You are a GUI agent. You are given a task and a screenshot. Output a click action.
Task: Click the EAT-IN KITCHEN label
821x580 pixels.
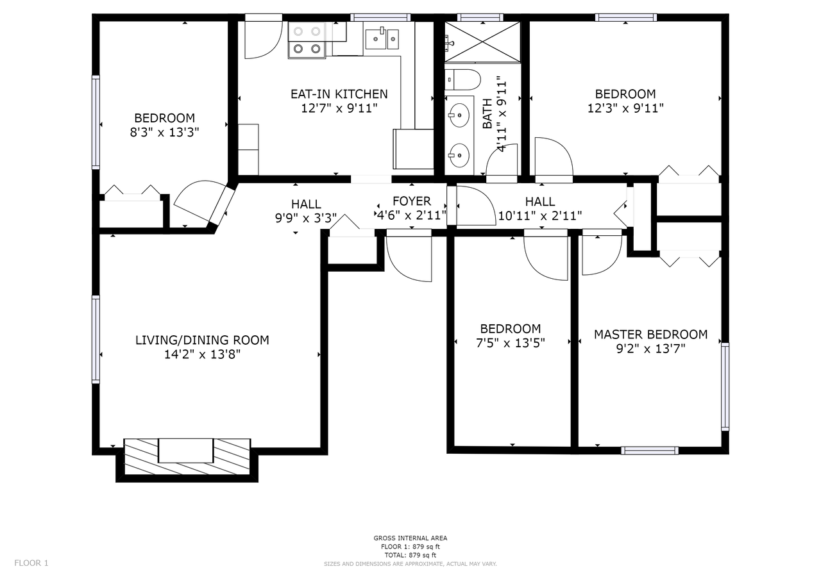click(x=339, y=94)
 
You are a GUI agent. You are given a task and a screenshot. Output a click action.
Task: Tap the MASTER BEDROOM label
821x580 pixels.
click(x=650, y=335)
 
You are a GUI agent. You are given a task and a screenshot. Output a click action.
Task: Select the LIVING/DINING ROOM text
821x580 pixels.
click(x=202, y=340)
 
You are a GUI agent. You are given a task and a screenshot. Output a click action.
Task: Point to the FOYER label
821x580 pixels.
click(x=412, y=201)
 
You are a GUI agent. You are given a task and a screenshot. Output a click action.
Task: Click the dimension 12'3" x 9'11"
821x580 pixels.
click(x=625, y=108)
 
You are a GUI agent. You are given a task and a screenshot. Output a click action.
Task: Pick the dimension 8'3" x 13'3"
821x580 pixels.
click(x=164, y=132)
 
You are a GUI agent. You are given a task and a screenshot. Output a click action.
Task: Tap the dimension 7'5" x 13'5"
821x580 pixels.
click(x=510, y=343)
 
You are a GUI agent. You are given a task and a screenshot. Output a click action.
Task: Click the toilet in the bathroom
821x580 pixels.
click(x=462, y=79)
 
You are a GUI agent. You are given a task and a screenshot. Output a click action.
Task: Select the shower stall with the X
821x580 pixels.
click(x=482, y=42)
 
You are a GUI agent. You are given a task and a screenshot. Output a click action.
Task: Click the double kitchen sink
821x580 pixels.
click(x=382, y=38)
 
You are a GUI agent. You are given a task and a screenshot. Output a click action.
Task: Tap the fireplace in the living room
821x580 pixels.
click(x=187, y=456)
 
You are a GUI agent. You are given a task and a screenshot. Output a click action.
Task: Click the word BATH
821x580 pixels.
click(x=487, y=114)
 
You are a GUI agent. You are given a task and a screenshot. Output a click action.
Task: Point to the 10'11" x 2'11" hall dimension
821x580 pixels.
click(x=540, y=216)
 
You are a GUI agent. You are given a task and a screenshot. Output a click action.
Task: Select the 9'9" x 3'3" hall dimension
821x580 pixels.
click(x=306, y=219)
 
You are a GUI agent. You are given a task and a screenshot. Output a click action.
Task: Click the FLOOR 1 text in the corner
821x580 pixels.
click(x=31, y=563)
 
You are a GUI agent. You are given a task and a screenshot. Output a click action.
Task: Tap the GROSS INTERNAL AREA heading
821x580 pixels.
click(x=410, y=538)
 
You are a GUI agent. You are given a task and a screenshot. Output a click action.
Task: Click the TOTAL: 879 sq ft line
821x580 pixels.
click(x=410, y=555)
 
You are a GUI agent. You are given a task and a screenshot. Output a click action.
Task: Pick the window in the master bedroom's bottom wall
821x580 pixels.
click(x=650, y=451)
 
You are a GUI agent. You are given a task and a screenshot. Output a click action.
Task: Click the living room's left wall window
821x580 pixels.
click(x=96, y=340)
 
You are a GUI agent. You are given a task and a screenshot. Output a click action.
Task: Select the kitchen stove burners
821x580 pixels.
click(x=307, y=40)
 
